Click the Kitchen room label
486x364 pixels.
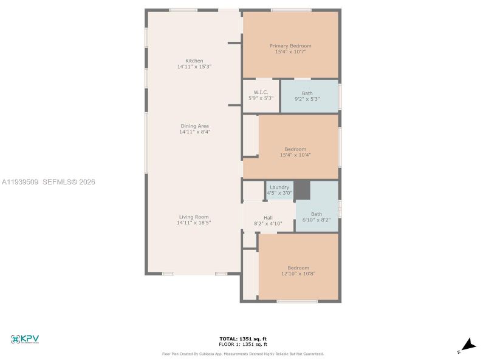[194, 61]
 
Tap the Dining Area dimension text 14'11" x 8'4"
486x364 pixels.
[194, 132]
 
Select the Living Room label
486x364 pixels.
[194, 217]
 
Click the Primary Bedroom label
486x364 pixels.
[290, 46]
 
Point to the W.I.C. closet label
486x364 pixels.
[261, 92]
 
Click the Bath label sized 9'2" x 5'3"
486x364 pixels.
[307, 93]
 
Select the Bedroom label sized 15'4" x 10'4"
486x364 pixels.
[295, 149]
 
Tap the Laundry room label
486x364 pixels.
[279, 187]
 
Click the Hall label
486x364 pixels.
[268, 218]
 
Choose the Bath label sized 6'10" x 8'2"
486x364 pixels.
[317, 214]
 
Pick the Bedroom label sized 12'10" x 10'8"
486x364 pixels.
[298, 268]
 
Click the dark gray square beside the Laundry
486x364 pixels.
[302, 190]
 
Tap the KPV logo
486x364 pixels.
[25, 339]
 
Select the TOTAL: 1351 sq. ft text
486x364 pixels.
[242, 339]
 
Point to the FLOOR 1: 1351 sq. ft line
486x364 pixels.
[242, 344]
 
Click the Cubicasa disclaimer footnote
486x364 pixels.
[242, 354]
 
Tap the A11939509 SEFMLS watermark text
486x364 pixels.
[49, 181]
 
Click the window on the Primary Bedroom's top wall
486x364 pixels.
[290, 10]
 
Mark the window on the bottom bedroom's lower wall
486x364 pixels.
[297, 301]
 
